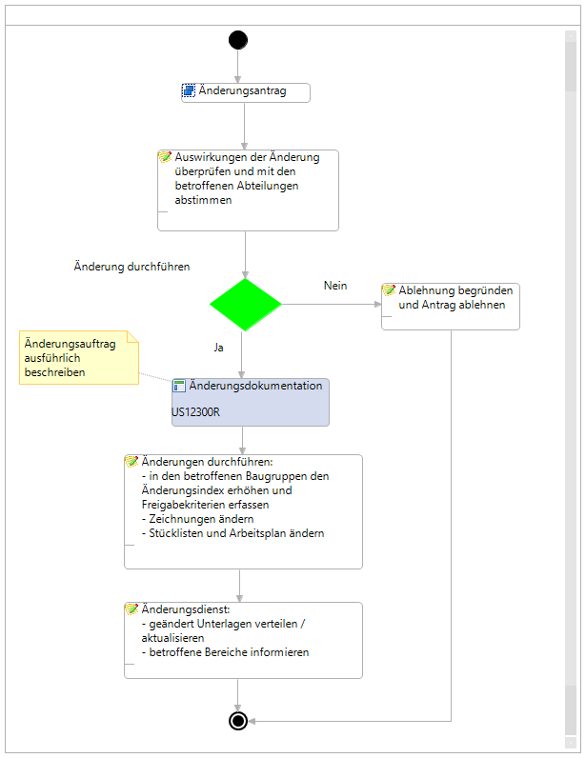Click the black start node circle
pos(238,40)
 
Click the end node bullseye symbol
pos(238,721)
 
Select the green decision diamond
pos(245,305)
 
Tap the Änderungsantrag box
pos(246,92)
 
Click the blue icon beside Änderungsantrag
pos(189,90)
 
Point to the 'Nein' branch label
pos(335,286)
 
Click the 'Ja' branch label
pos(219,348)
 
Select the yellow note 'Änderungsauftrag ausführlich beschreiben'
pos(79,358)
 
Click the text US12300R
pos(196,412)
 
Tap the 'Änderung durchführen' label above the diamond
pos(131,267)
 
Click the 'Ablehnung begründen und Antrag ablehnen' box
pos(451,307)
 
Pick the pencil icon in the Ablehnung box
pos(389,290)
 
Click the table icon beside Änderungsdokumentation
pos(179,386)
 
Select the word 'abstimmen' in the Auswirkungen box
pos(203,200)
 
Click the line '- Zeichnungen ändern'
pos(197,519)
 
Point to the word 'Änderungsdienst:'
pos(186,609)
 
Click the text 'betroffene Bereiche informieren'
pos(229,652)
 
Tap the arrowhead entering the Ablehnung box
pos(378,305)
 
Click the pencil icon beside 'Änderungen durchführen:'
pos(131,461)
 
